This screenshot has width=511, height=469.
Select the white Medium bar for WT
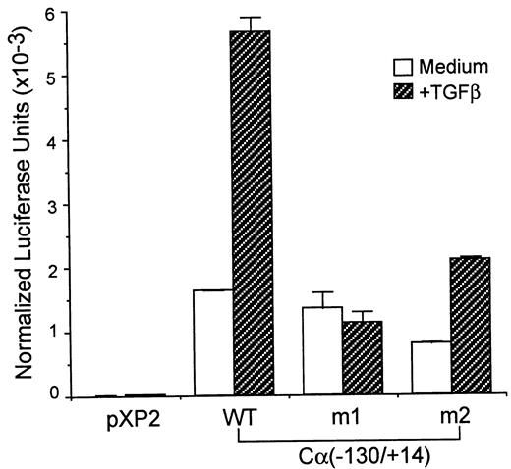(x=212, y=343)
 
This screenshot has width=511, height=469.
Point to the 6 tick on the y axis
(x=35, y=14)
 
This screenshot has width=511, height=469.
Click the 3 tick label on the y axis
(x=35, y=205)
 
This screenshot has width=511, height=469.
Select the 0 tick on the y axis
(x=35, y=396)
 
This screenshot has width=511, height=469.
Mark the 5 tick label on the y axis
(x=35, y=78)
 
